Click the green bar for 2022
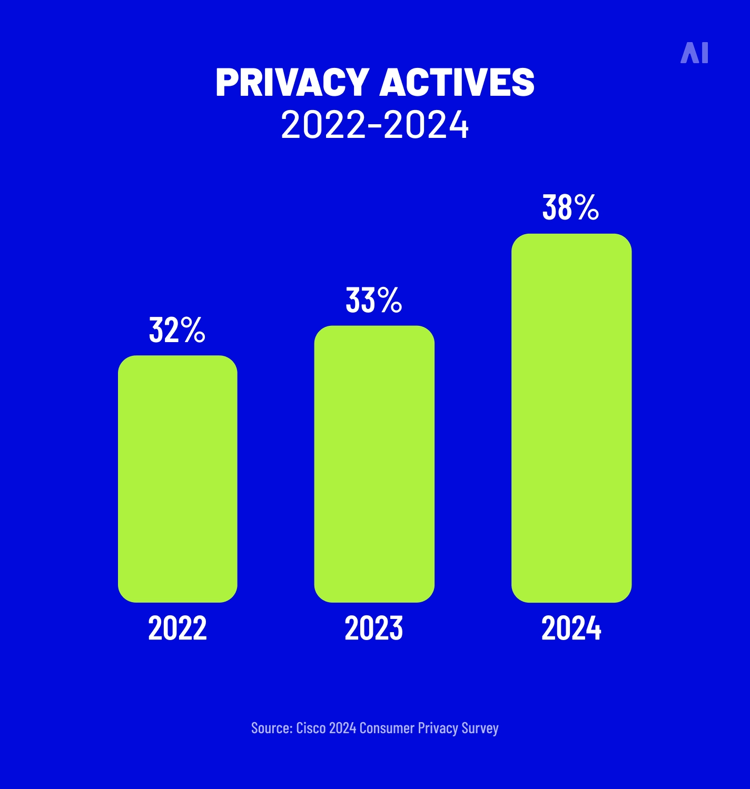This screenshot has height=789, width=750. [177, 479]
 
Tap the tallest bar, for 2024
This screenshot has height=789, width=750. [571, 418]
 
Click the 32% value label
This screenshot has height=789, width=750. [177, 331]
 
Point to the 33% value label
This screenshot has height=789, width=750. [373, 301]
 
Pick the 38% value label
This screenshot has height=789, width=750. [570, 207]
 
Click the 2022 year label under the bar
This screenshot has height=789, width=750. [177, 628]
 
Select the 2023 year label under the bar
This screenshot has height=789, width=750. [374, 628]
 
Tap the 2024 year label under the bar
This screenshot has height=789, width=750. [571, 628]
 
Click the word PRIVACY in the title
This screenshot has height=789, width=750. [292, 83]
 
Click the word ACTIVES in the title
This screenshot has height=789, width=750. [457, 83]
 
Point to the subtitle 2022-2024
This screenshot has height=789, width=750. [374, 125]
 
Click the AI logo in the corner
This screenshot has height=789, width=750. [694, 53]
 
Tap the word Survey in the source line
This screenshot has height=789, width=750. [480, 728]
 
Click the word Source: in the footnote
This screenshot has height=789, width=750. [272, 728]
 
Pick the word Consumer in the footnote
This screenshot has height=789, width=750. [387, 728]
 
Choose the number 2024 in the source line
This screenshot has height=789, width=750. [342, 728]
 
